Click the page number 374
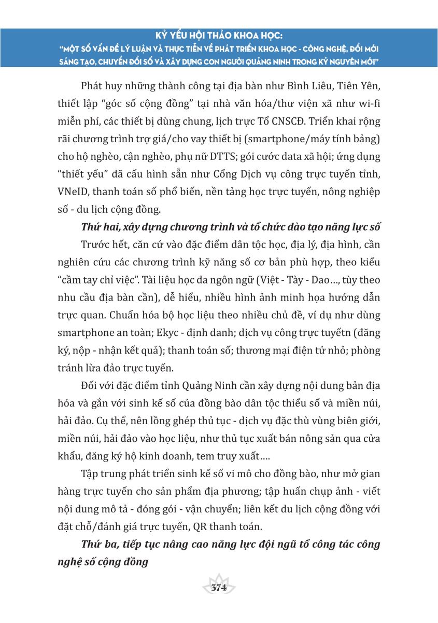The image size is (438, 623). (219, 588)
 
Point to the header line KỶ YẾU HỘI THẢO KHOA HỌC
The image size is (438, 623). (219, 37)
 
